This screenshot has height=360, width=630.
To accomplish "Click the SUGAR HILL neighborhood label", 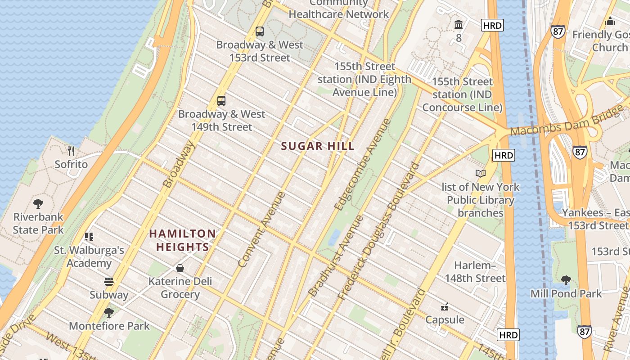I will coord(318,146).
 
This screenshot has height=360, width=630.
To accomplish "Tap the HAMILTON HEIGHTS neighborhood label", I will coord(182,240).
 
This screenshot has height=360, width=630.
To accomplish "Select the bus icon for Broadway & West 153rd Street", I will coord(260,31).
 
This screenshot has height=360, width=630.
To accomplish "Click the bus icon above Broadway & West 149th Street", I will coord(221,101).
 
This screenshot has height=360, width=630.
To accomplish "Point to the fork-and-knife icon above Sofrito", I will coord(71,151).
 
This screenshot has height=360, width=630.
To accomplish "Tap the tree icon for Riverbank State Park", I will coord(38,204).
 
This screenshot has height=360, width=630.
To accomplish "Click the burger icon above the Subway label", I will coord(108,282).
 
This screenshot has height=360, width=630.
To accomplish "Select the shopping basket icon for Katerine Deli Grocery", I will coord(180,268).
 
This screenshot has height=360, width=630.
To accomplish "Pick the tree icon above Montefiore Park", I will coord(108,312).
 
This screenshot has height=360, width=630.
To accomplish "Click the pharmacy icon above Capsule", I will coord(445,307).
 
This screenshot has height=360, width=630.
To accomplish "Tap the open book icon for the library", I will coord(481,174).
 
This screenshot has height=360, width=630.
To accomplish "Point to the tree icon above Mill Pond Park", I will coord(566,280).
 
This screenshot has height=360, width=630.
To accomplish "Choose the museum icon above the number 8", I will coord(459,24).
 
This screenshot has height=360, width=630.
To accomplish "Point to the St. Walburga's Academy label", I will coord(89,256).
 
